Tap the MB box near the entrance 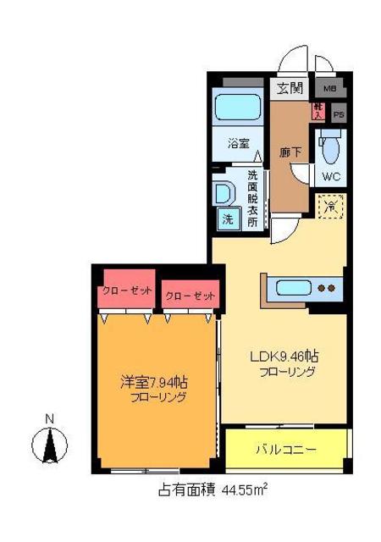(x=329, y=87)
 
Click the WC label (x=331, y=177)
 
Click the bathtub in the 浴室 (x=238, y=108)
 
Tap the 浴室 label (x=238, y=144)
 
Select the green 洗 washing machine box (x=229, y=218)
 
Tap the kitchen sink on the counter (x=290, y=288)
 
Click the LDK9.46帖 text (x=284, y=357)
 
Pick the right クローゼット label (x=190, y=296)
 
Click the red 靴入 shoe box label (x=318, y=110)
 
